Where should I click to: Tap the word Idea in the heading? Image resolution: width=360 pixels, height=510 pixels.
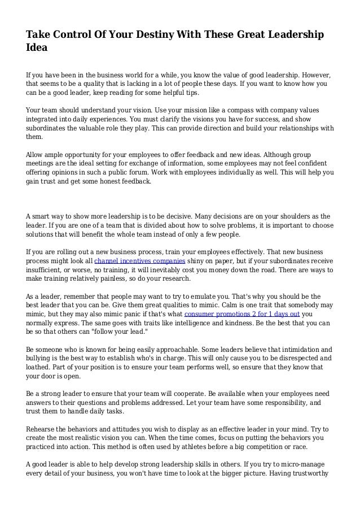[x=37, y=49]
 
